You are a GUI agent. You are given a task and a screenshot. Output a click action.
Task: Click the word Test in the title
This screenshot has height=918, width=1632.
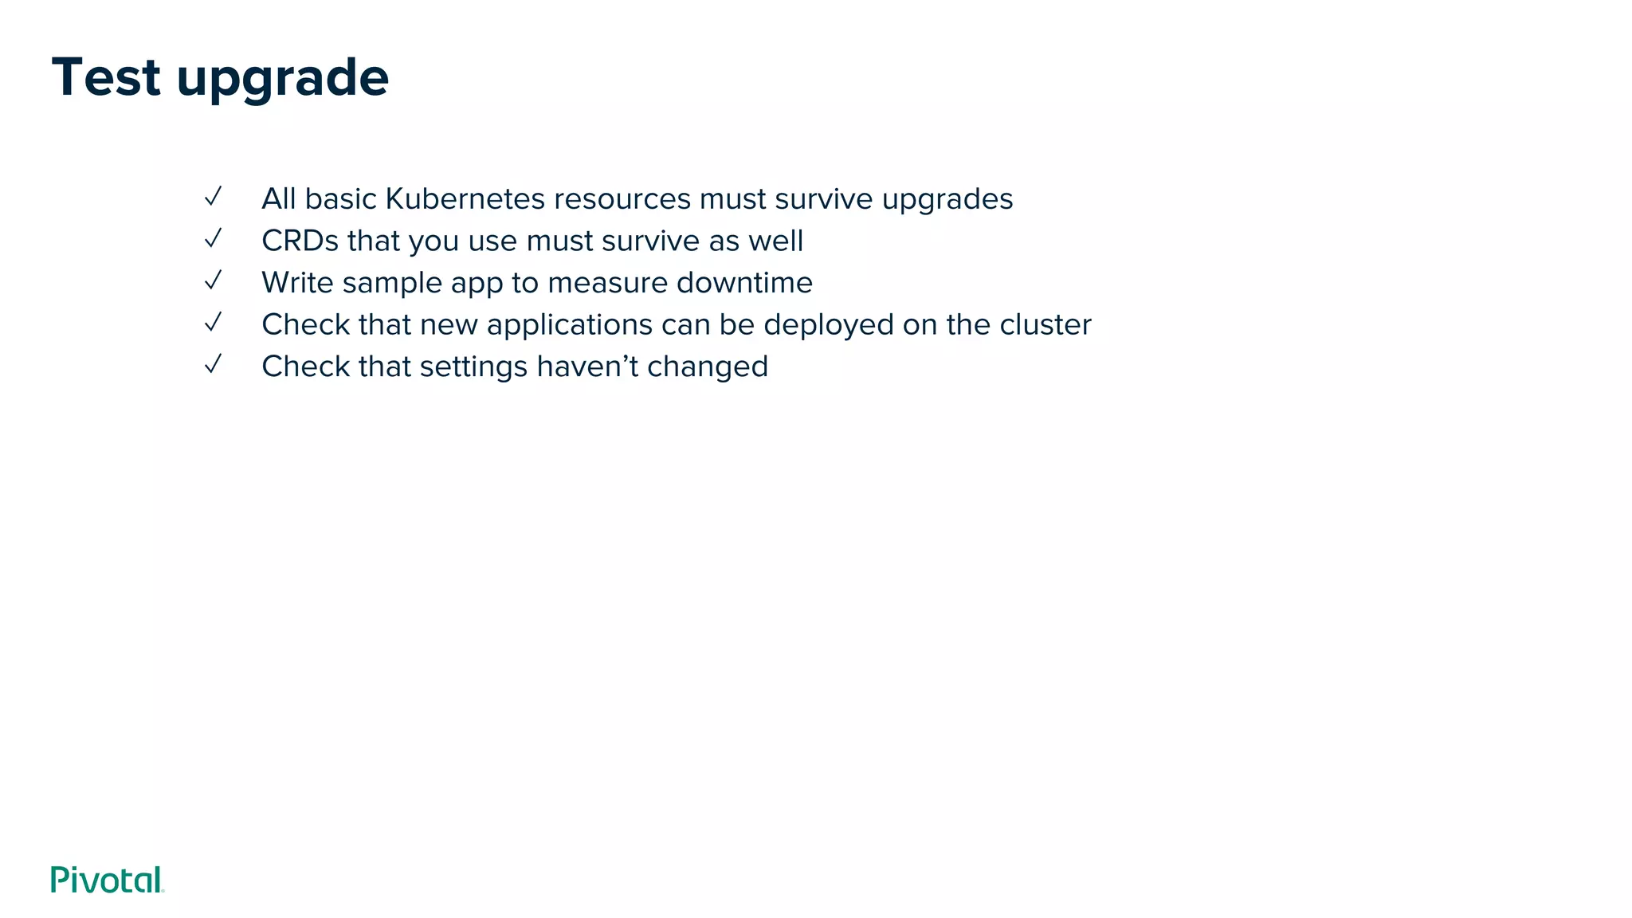[x=106, y=78]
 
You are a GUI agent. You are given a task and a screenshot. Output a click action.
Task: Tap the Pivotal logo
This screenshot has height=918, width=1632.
[x=107, y=880]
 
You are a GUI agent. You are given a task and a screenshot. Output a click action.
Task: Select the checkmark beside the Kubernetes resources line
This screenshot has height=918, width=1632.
[x=213, y=197]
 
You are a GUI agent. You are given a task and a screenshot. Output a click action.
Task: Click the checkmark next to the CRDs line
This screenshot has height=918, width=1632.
[x=213, y=238]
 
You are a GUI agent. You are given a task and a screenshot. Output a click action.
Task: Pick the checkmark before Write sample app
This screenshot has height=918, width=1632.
[x=213, y=280]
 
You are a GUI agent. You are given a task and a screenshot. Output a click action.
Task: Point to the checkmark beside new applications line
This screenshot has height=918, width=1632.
[x=213, y=322]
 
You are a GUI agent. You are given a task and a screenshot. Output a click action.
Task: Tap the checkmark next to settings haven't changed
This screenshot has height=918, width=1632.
[x=213, y=364]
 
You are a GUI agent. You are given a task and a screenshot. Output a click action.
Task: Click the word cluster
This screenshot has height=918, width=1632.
[x=1045, y=324]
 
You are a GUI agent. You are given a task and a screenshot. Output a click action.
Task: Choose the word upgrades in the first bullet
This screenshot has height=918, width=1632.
[x=947, y=200]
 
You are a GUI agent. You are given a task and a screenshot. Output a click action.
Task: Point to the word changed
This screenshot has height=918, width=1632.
[x=707, y=367]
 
